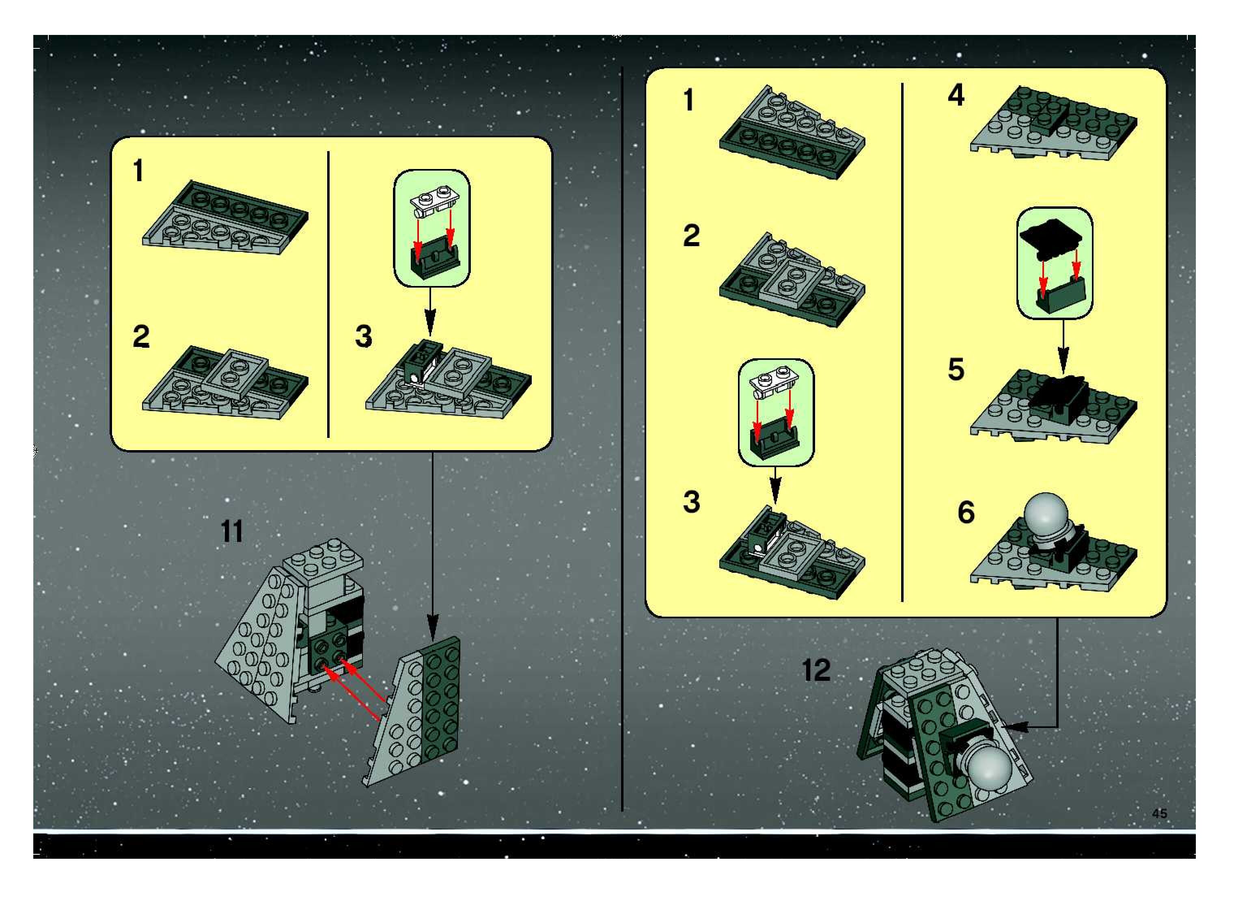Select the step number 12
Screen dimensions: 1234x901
click(816, 670)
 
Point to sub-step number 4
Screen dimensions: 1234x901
click(956, 95)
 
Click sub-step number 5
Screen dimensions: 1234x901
click(956, 369)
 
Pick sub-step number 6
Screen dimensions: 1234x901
click(966, 512)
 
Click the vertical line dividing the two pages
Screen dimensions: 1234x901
click(622, 439)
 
